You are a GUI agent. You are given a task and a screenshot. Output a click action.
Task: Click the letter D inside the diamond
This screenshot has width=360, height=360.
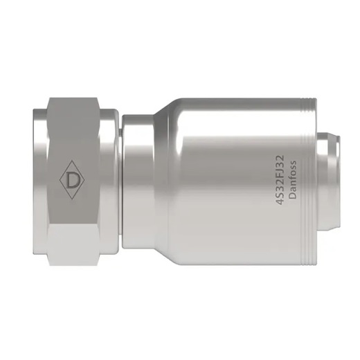click(x=72, y=181)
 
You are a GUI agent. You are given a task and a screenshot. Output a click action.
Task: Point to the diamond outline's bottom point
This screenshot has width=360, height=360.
click(x=72, y=201)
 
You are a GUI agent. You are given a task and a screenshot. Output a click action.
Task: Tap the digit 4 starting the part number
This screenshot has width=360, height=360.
click(x=280, y=201)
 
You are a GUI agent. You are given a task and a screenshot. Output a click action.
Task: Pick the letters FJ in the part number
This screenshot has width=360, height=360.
click(x=280, y=176)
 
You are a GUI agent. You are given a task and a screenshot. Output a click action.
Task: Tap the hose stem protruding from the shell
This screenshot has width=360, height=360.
click(x=332, y=181)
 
